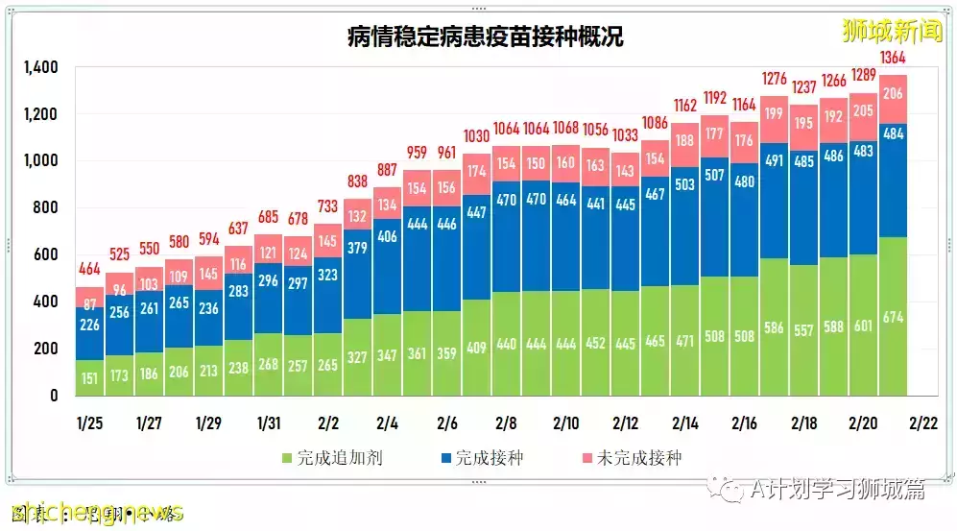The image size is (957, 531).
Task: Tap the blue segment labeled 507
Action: tap(715, 175)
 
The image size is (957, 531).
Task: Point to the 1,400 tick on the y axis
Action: tap(40, 68)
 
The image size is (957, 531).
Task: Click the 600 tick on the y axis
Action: tap(45, 254)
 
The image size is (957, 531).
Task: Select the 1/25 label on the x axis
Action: tap(90, 422)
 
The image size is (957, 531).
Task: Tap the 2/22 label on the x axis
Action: tap(923, 422)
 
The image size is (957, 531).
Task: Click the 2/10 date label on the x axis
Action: tap(566, 422)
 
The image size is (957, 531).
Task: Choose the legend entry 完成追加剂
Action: tap(332, 458)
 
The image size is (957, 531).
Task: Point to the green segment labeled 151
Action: tap(90, 377)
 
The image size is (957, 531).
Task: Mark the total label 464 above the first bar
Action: tap(90, 269)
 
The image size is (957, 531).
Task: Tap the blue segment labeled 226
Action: tap(90, 326)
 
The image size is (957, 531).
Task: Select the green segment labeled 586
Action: tap(775, 327)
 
